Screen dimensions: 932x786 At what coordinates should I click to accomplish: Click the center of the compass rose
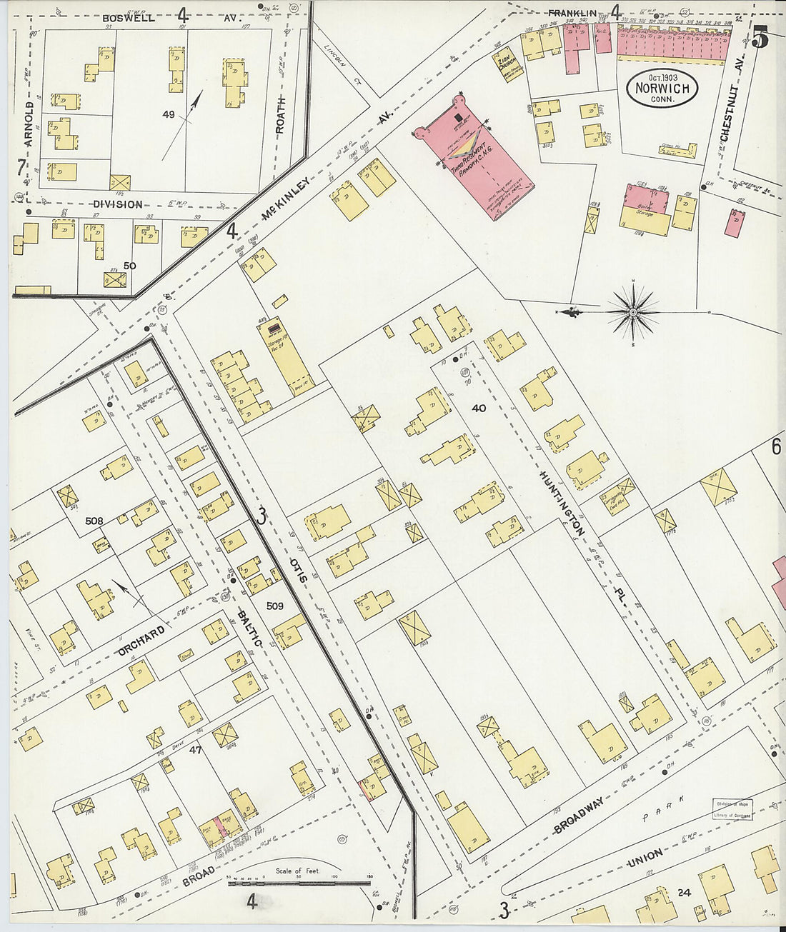(x=633, y=312)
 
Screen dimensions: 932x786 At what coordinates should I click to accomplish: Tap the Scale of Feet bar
(x=299, y=883)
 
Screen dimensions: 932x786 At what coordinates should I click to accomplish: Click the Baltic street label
(x=249, y=626)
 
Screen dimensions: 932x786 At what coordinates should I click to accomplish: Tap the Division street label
(x=117, y=204)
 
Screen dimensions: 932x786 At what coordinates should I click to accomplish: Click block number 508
(x=94, y=521)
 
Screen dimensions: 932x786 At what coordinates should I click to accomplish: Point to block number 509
(x=275, y=606)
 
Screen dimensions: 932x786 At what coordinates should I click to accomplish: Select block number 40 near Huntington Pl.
(x=478, y=408)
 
